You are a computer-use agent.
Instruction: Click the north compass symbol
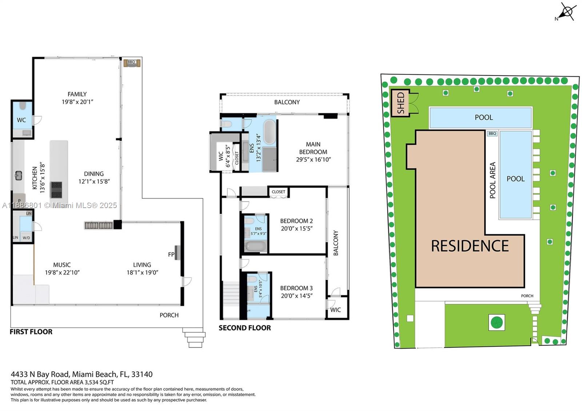[x=567, y=12]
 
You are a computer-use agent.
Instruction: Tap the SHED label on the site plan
[x=400, y=103]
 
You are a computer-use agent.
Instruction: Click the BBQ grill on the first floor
[x=131, y=63]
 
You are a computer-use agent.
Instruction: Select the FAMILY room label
[x=77, y=94]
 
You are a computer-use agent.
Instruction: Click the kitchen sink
[x=19, y=176]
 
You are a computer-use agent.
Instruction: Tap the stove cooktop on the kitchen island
[x=56, y=189]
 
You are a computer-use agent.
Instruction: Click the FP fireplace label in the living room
[x=171, y=254]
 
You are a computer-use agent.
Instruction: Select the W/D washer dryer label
[x=27, y=238]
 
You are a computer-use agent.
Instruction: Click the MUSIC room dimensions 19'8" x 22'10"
[x=62, y=272]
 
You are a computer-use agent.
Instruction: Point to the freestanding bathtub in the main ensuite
[x=270, y=132]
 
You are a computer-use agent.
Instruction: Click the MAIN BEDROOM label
[x=313, y=148]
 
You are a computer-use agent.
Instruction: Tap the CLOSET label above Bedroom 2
[x=278, y=192]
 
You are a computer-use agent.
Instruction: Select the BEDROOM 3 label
[x=296, y=288]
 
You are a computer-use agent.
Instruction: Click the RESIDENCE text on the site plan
[x=470, y=246]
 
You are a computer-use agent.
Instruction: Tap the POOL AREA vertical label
[x=493, y=180]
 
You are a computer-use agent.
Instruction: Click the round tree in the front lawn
[x=496, y=322]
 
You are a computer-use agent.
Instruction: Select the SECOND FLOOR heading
[x=244, y=328]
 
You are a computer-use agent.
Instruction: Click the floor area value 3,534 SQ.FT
[x=99, y=382]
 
